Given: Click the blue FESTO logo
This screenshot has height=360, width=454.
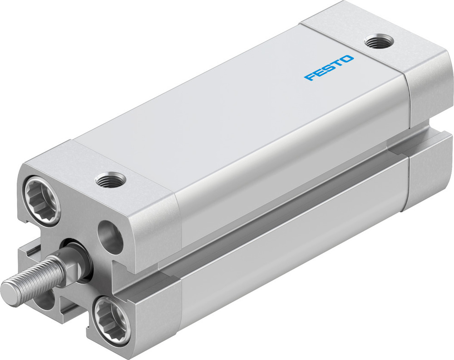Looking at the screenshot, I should coord(329,68).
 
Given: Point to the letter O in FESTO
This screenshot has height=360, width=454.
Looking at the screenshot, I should coord(347,59).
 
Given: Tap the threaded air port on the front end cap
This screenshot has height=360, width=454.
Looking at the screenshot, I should coord(110,180).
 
